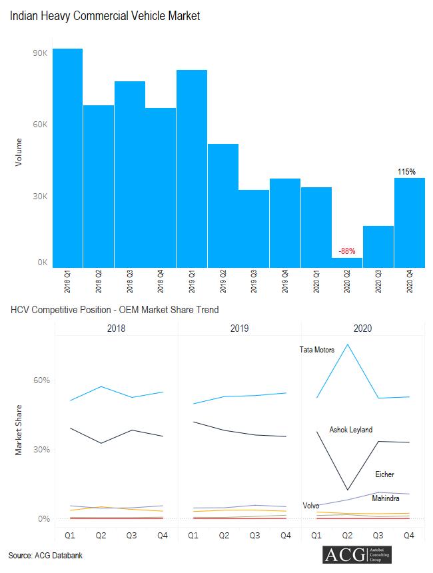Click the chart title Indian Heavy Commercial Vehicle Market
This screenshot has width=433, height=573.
click(x=105, y=16)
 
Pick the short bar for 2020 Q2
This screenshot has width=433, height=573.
click(x=346, y=263)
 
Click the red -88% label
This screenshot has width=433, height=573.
click(x=346, y=251)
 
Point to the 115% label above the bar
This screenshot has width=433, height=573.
click(x=406, y=172)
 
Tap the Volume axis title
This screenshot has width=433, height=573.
click(x=19, y=151)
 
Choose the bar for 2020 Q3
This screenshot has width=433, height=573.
click(x=378, y=247)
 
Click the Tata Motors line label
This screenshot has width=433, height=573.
click(x=317, y=350)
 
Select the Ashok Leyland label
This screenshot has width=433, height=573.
click(x=350, y=430)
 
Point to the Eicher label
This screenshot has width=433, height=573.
click(x=384, y=474)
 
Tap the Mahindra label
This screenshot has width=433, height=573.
click(x=386, y=498)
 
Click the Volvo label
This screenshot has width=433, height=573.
click(x=311, y=506)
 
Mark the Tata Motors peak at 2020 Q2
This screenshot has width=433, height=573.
click(x=347, y=344)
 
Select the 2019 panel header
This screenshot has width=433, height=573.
click(x=239, y=328)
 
